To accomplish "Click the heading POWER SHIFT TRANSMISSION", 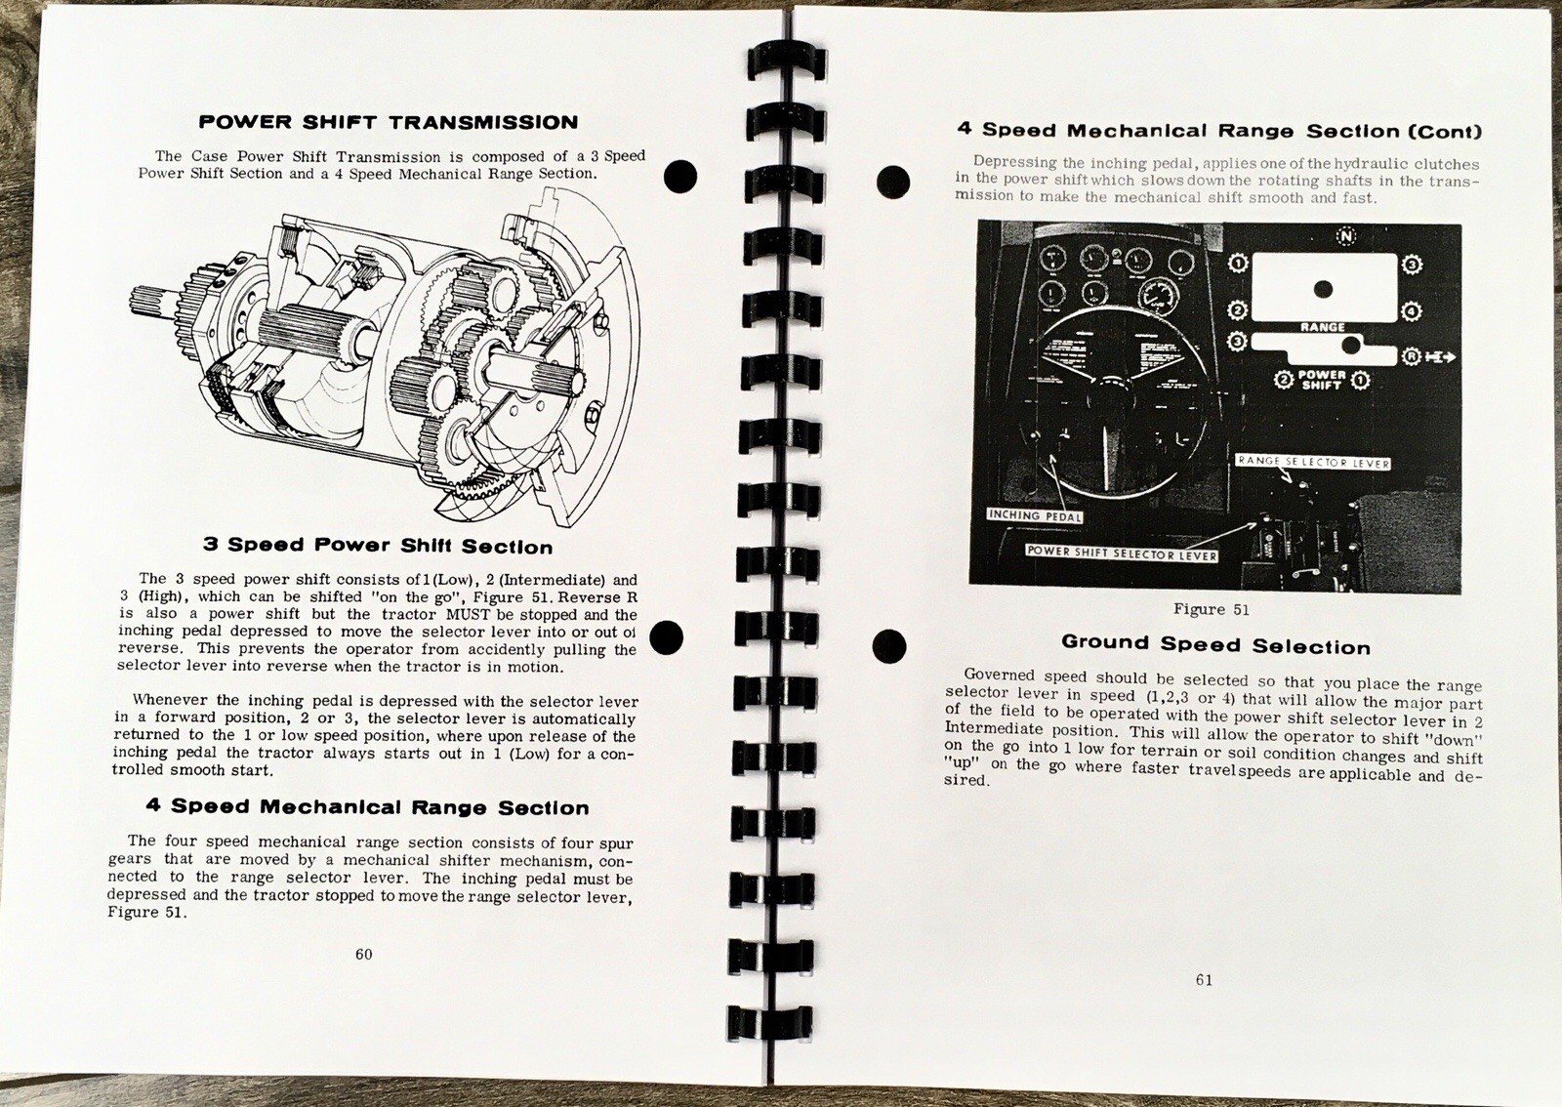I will pyautogui.click(x=388, y=122).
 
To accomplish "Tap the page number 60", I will pyautogui.click(x=363, y=954).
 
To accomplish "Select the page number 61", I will pyautogui.click(x=1204, y=980).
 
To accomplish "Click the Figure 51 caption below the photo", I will pyautogui.click(x=1211, y=609).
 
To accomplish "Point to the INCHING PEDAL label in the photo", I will pyautogui.click(x=1035, y=514).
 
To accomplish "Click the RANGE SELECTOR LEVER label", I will pyautogui.click(x=1312, y=462).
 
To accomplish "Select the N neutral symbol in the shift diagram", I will pyautogui.click(x=1346, y=236).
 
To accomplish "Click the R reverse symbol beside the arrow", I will pyautogui.click(x=1411, y=356).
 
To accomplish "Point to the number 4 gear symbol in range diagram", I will pyautogui.click(x=1412, y=312).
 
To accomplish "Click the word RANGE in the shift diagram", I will pyautogui.click(x=1322, y=327).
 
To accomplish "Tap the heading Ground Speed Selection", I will pyautogui.click(x=1215, y=644).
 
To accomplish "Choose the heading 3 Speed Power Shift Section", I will pyautogui.click(x=377, y=545).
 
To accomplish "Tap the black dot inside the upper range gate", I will pyautogui.click(x=1323, y=289).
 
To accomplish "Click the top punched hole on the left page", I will pyautogui.click(x=680, y=177).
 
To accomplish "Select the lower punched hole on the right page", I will pyautogui.click(x=888, y=645).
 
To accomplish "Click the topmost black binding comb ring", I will pyautogui.click(x=787, y=63).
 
